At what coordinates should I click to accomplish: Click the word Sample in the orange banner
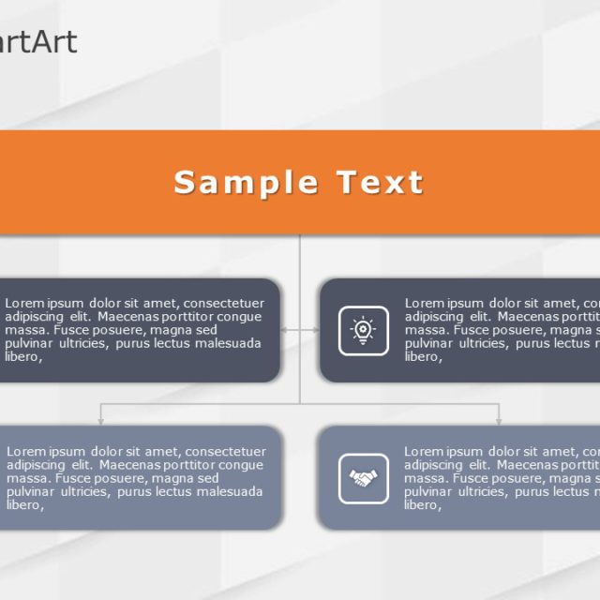[x=246, y=184]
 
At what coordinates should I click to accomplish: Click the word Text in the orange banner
[x=380, y=182]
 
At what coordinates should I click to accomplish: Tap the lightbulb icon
[x=363, y=330]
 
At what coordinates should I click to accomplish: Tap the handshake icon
[x=363, y=478]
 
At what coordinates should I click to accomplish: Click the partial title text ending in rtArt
[x=38, y=42]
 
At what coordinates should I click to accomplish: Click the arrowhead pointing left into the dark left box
[x=284, y=330]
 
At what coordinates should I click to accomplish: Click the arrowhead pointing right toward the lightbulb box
[x=316, y=330]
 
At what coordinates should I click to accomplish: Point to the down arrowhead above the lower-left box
[x=100, y=422]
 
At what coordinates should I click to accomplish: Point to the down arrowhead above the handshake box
[x=499, y=422]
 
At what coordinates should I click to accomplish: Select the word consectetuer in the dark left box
[x=224, y=304]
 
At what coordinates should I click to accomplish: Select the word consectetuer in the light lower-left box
[x=226, y=452]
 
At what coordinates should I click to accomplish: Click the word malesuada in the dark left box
[x=228, y=343]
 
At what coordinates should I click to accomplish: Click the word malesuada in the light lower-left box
[x=230, y=491]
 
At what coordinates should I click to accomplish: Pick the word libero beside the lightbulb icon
[x=423, y=357]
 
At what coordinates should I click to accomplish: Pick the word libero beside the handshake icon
[x=423, y=505]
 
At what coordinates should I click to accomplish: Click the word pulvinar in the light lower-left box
[x=30, y=492]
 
